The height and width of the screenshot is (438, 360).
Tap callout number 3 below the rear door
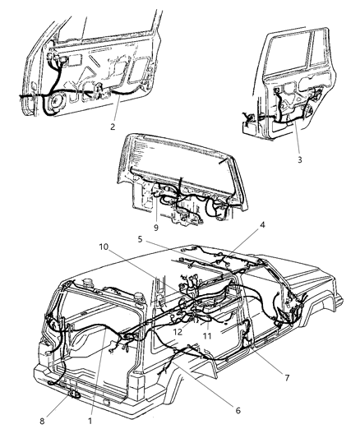299,159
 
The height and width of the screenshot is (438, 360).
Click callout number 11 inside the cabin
207,336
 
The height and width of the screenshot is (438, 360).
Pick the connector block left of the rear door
247,122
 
